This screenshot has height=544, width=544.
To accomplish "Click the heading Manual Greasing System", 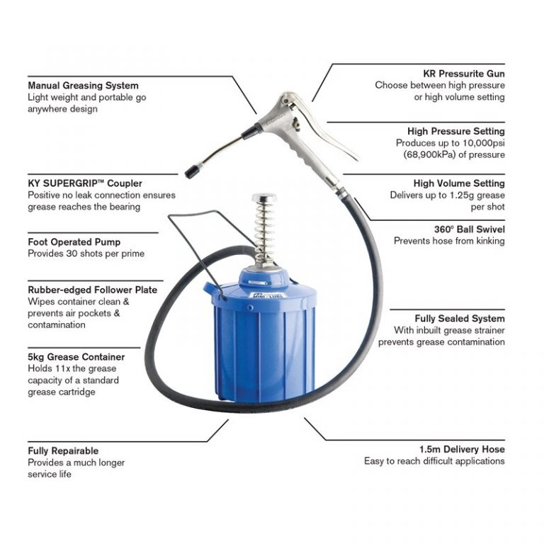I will (x=83, y=86).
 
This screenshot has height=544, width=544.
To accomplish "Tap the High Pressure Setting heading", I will (x=455, y=131).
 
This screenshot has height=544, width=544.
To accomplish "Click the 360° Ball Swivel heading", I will (x=469, y=229).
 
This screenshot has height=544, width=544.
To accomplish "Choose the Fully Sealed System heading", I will (x=460, y=319).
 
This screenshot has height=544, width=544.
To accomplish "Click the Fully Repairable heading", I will (x=63, y=450).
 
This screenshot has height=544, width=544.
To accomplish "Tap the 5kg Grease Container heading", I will (x=76, y=357).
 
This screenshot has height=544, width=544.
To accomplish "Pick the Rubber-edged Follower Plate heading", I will (x=92, y=290).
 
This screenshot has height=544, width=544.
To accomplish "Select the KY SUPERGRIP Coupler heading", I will (x=80, y=183).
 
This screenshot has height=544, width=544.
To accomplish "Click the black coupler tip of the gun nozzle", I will (x=192, y=171).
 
